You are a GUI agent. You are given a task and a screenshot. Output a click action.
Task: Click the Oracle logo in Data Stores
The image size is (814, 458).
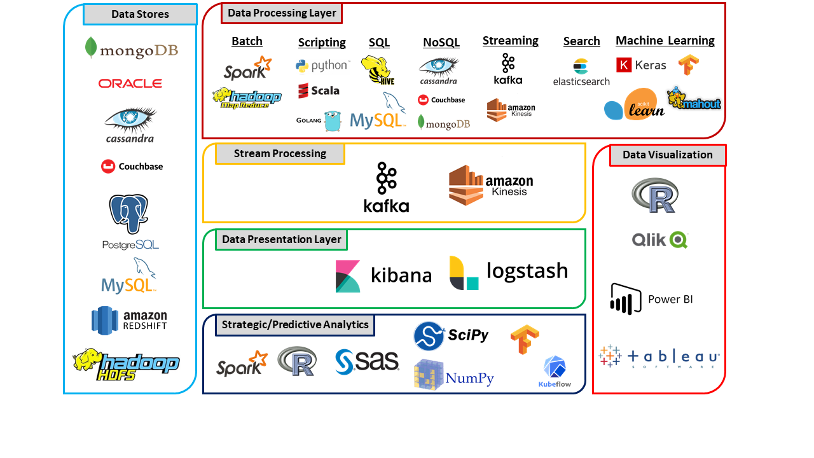[x=130, y=83]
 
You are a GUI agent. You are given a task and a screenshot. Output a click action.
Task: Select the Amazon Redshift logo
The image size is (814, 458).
[x=130, y=320]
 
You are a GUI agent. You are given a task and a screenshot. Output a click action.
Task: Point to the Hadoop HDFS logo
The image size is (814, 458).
[x=126, y=364]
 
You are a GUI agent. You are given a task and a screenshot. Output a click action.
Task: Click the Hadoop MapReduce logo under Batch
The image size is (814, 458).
[x=246, y=97]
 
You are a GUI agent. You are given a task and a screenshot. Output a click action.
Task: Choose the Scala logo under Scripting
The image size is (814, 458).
[x=319, y=90]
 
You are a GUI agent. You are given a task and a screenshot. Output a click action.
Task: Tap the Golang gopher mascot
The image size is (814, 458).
[x=333, y=120]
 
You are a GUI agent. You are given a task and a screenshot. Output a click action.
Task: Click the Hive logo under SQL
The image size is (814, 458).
[x=376, y=70]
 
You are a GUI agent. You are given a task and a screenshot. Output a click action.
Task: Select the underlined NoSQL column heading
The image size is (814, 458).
[x=441, y=43]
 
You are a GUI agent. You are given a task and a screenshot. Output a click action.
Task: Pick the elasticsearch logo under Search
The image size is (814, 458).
[x=581, y=72]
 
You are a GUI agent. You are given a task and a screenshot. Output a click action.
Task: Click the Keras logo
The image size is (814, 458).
[x=641, y=65]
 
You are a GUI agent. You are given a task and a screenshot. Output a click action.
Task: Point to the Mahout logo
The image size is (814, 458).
[x=694, y=99]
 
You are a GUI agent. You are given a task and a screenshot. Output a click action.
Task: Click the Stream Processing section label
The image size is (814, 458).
[x=280, y=154]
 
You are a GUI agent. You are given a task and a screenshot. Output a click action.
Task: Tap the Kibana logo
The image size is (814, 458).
[x=383, y=276]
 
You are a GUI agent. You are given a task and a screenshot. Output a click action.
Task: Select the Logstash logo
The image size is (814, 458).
[x=508, y=272]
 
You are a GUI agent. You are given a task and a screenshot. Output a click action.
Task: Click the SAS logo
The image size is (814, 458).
[x=367, y=361]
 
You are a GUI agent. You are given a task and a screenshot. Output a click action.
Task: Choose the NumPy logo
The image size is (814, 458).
[x=453, y=375]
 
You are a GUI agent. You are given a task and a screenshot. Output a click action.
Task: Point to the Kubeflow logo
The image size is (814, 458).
[x=555, y=371]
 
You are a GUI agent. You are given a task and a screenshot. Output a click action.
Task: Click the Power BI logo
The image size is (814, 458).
[x=651, y=299]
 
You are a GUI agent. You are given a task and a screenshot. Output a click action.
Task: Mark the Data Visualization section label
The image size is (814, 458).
[x=668, y=155]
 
